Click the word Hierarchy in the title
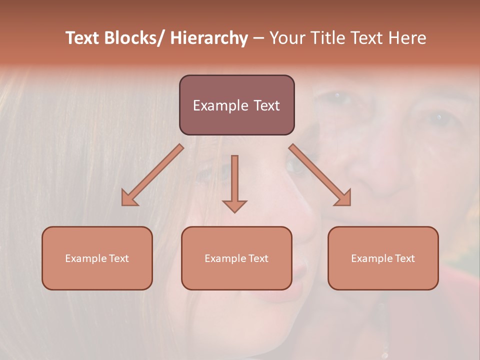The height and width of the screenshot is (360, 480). (x=209, y=38)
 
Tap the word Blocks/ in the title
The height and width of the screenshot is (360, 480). (x=135, y=38)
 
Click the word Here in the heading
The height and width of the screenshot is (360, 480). (x=407, y=38)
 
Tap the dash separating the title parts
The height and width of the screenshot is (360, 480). (x=258, y=38)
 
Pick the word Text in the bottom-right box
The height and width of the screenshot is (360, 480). (x=404, y=258)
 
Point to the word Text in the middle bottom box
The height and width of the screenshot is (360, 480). (x=258, y=258)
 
